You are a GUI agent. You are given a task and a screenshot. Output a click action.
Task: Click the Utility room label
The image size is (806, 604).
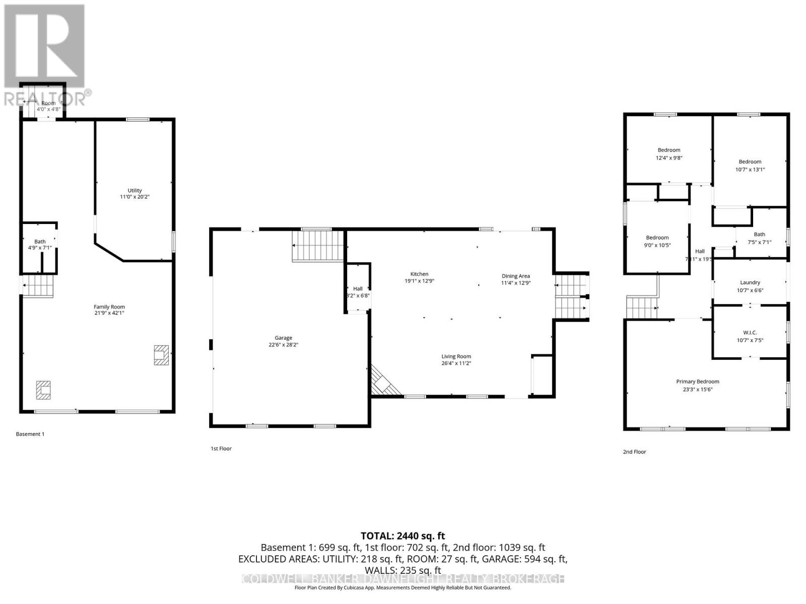coord(135,191)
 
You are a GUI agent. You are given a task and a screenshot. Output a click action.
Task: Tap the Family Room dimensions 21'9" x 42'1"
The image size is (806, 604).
coord(109,313)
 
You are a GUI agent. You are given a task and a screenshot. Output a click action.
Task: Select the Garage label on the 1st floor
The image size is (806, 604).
coord(284,338)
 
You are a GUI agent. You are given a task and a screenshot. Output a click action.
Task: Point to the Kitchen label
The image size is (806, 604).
coord(419,274)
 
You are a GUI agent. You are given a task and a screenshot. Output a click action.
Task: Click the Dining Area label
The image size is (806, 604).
coord(515,276)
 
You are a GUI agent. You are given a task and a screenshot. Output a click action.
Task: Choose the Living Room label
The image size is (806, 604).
coord(456,356)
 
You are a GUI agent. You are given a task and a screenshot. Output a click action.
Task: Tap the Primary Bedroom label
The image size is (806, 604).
coord(698,382)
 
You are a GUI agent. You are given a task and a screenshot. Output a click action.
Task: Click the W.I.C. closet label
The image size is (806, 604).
coord(750,333)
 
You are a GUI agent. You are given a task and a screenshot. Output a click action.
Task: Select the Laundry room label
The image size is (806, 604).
coord(750,283)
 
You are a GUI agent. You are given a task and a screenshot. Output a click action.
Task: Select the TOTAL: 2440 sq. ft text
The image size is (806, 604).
coord(402,536)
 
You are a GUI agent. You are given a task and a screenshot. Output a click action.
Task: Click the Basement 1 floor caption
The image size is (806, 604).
coord(30,434)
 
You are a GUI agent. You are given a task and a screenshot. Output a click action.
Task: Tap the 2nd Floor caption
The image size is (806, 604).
coord(634,452)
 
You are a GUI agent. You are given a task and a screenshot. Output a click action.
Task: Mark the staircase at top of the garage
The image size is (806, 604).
coord(318,246)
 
